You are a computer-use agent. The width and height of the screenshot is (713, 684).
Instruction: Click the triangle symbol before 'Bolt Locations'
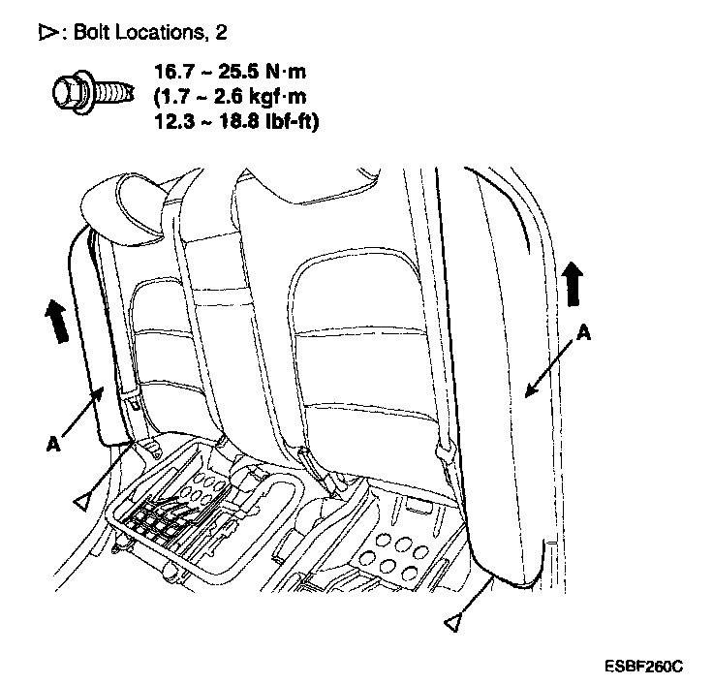[x=47, y=33]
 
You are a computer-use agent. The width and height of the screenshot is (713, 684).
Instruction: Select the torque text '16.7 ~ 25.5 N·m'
[x=228, y=71]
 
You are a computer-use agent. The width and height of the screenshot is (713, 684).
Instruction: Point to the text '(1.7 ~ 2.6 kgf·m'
[x=228, y=96]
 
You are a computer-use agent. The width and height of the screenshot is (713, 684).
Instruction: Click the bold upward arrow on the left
[x=59, y=321]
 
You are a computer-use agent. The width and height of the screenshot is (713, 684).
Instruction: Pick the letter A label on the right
[x=583, y=330]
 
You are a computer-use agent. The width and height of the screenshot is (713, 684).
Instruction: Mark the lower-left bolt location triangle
[x=84, y=500]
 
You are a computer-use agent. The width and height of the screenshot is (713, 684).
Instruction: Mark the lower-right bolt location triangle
[x=450, y=622]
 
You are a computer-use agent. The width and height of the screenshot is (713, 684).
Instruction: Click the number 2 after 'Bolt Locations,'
[x=221, y=33]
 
